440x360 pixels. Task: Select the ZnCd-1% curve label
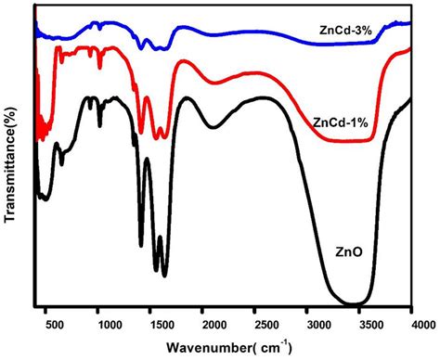[341, 122]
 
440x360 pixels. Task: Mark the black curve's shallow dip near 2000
[213, 127]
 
